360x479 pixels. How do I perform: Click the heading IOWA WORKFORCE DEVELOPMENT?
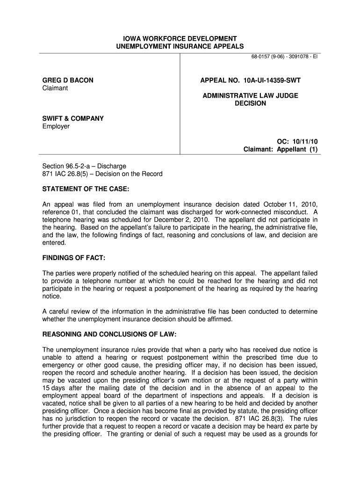180,38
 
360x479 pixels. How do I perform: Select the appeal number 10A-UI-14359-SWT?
270,80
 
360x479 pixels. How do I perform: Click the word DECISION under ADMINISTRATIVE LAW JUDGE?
250,103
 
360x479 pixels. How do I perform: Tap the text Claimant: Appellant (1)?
281,149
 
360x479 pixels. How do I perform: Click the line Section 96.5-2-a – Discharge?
84,166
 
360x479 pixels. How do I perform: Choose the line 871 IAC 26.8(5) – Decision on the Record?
102,174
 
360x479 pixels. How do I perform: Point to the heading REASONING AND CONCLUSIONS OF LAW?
110,334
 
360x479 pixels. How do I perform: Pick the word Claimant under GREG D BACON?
55,88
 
